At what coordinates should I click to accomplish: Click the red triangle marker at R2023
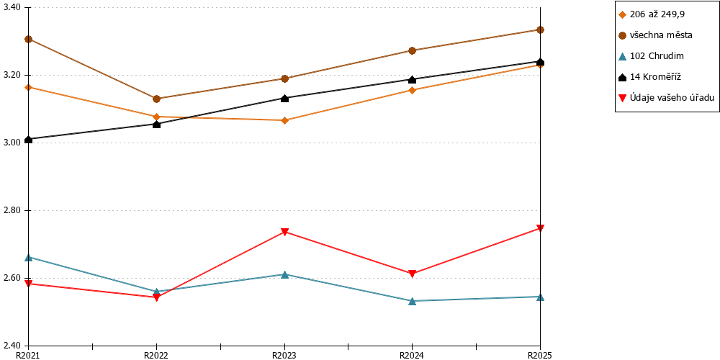click(284, 232)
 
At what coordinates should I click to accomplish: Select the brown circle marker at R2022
click(156, 99)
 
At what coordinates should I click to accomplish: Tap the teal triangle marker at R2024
click(413, 301)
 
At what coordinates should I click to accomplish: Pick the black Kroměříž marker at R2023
click(284, 98)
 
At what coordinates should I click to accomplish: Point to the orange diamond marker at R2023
click(284, 120)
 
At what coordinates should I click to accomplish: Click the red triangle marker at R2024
click(413, 274)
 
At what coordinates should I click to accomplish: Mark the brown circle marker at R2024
click(413, 50)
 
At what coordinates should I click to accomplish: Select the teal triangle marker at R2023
click(284, 274)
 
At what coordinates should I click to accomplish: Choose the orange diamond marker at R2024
click(413, 90)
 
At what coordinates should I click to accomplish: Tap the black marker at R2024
click(413, 79)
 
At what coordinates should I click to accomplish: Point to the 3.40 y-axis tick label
click(12, 8)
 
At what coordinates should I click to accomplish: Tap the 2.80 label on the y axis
click(12, 211)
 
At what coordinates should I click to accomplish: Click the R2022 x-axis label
click(156, 355)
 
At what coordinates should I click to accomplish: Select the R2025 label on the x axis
click(541, 355)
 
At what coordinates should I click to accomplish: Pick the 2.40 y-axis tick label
click(12, 346)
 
